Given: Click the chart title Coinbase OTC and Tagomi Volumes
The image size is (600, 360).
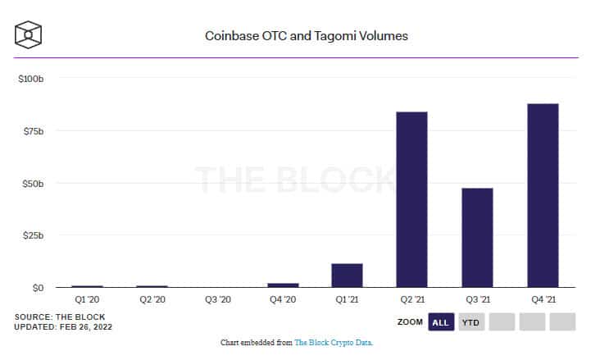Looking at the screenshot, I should tap(306, 36).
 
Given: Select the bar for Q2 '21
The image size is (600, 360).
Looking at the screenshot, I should tap(411, 199).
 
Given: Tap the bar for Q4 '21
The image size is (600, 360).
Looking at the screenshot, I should tap(543, 195).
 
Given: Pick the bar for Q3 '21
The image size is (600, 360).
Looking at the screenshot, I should tap(477, 238).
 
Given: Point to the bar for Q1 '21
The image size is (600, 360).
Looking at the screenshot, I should tap(347, 276).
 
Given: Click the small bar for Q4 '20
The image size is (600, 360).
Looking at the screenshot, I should tap(283, 285).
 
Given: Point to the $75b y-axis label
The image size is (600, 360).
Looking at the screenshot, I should tap(31, 131).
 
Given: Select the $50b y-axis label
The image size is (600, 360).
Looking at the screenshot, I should tap(31, 184).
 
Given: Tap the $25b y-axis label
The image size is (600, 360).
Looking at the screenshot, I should tap(31, 236).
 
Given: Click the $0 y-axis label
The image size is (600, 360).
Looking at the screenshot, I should tap(37, 289).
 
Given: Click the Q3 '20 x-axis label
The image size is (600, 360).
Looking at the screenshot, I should tap(217, 300).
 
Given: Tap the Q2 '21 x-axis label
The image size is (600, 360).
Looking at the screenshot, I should tap(411, 300).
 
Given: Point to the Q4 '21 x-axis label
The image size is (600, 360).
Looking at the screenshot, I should tap(543, 300).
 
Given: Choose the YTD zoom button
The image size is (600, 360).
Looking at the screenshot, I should tap(470, 322).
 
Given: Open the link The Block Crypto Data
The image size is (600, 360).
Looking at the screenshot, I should tap(333, 342).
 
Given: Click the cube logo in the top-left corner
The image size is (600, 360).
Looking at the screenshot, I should tap(28, 35).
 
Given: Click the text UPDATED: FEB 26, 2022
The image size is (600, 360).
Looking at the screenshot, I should tap(63, 327).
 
